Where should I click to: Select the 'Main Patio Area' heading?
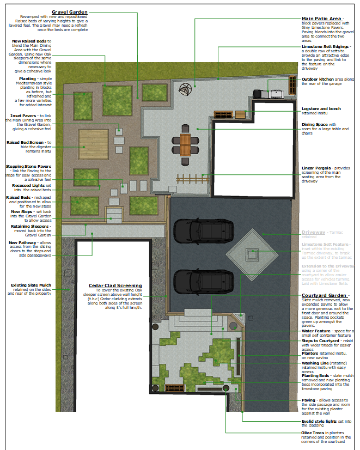[x=321, y=19]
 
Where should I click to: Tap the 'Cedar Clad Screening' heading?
[x=115, y=285]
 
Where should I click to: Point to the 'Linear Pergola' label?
[x=318, y=168]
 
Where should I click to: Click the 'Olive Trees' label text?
[x=314, y=433]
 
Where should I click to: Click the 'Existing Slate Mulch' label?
[x=31, y=285]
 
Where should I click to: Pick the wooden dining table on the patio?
[x=186, y=144]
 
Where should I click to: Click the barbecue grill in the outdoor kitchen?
[x=276, y=94]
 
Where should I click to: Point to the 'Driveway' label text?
[x=313, y=233]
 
